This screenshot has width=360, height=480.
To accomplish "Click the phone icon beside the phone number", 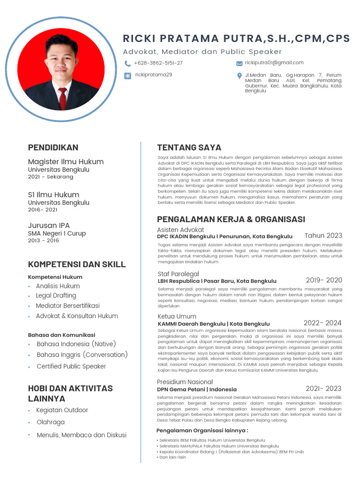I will coord(127,63).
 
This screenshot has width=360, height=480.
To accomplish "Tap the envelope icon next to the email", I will coord(240,63).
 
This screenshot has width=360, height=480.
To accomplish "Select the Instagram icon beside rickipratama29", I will coord(127,75).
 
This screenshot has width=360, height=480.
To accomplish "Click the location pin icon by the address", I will coord(240,76).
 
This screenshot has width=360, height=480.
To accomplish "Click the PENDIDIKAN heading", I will coord(53,148).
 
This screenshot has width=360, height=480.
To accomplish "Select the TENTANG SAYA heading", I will coord(189,148).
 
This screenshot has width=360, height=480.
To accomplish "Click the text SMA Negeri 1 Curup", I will coord(57,233).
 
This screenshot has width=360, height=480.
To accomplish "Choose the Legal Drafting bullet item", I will coord(56,296).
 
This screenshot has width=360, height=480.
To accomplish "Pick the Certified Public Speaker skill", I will coord(71,367).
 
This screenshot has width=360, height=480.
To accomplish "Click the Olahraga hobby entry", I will coord(51,422).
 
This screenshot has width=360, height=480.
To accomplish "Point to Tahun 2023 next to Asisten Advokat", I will coord(323,236).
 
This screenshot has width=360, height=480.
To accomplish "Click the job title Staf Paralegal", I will coord(178,274).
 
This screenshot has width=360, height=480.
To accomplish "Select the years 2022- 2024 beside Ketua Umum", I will coord(322,323).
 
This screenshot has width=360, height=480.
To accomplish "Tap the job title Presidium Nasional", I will coord(185,382).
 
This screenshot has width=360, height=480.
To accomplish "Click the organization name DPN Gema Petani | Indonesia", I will coord(197,390).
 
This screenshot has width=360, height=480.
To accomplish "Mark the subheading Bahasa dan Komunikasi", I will coord(61,335).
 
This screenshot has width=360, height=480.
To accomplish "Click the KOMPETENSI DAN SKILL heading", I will coord(77,264).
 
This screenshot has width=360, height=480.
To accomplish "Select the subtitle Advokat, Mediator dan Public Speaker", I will coord(202,52).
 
